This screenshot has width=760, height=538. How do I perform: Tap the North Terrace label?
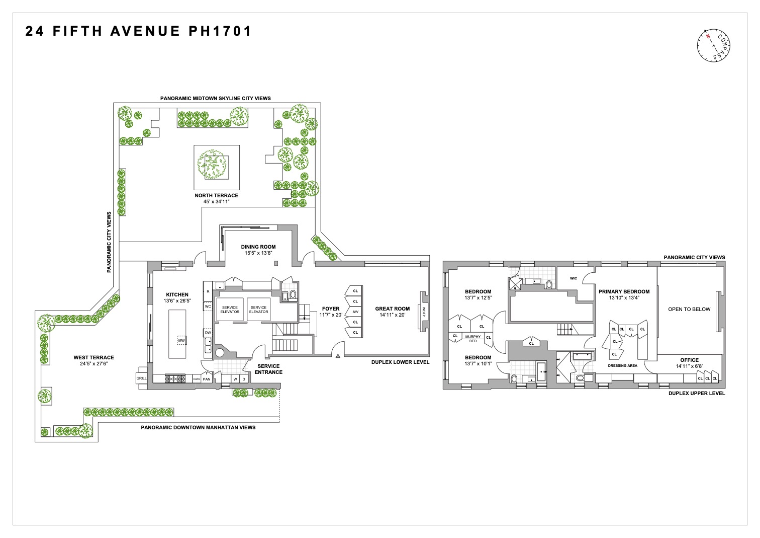click(x=216, y=196)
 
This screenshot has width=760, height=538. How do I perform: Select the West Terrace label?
click(x=93, y=358)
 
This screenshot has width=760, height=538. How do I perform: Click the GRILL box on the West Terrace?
click(x=141, y=378)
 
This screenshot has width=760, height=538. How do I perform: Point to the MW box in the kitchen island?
click(x=181, y=341)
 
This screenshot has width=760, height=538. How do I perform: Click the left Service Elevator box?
click(x=230, y=310)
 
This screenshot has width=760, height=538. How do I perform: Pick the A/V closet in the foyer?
click(x=355, y=312)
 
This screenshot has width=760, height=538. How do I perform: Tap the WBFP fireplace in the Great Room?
click(x=424, y=311)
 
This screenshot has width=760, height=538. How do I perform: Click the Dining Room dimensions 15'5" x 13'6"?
click(x=258, y=253)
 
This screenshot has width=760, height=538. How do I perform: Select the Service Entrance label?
click(x=268, y=369)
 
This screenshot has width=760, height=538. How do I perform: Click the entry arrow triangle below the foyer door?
click(x=338, y=356)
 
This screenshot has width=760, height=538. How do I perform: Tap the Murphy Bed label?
click(x=472, y=338)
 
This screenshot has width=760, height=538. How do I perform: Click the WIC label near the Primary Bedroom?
click(x=574, y=278)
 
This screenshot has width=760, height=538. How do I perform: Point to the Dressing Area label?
click(x=622, y=366)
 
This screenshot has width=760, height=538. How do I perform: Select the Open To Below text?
click(x=689, y=310)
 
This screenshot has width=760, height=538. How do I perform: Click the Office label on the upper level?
click(x=689, y=360)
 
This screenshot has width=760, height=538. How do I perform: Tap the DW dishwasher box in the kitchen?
click(x=208, y=333)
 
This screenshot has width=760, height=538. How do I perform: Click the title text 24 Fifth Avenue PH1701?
click(x=138, y=32)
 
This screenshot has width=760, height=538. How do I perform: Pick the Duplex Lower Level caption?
click(x=400, y=362)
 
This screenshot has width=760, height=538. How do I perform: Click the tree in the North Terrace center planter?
click(x=212, y=164)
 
